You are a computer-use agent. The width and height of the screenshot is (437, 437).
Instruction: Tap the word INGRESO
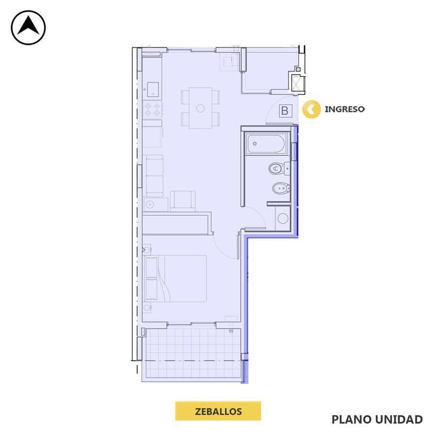344,109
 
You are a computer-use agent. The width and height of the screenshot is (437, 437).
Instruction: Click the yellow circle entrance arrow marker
311,109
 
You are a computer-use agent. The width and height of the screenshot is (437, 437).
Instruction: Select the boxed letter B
285,111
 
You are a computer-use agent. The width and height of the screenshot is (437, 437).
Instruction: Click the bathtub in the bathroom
267,142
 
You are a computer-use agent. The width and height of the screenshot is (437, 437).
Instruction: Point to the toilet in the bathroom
277,169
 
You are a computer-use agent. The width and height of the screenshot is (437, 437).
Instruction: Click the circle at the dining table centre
200,108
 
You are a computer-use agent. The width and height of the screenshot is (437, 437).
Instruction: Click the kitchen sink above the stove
153,89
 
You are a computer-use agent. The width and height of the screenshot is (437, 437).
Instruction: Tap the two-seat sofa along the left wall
154,175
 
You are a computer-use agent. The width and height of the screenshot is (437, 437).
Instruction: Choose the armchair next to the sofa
183,201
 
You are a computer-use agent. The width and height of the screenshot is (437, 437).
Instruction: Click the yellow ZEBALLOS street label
218,411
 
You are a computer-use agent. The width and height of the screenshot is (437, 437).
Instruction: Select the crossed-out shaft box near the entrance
298,83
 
